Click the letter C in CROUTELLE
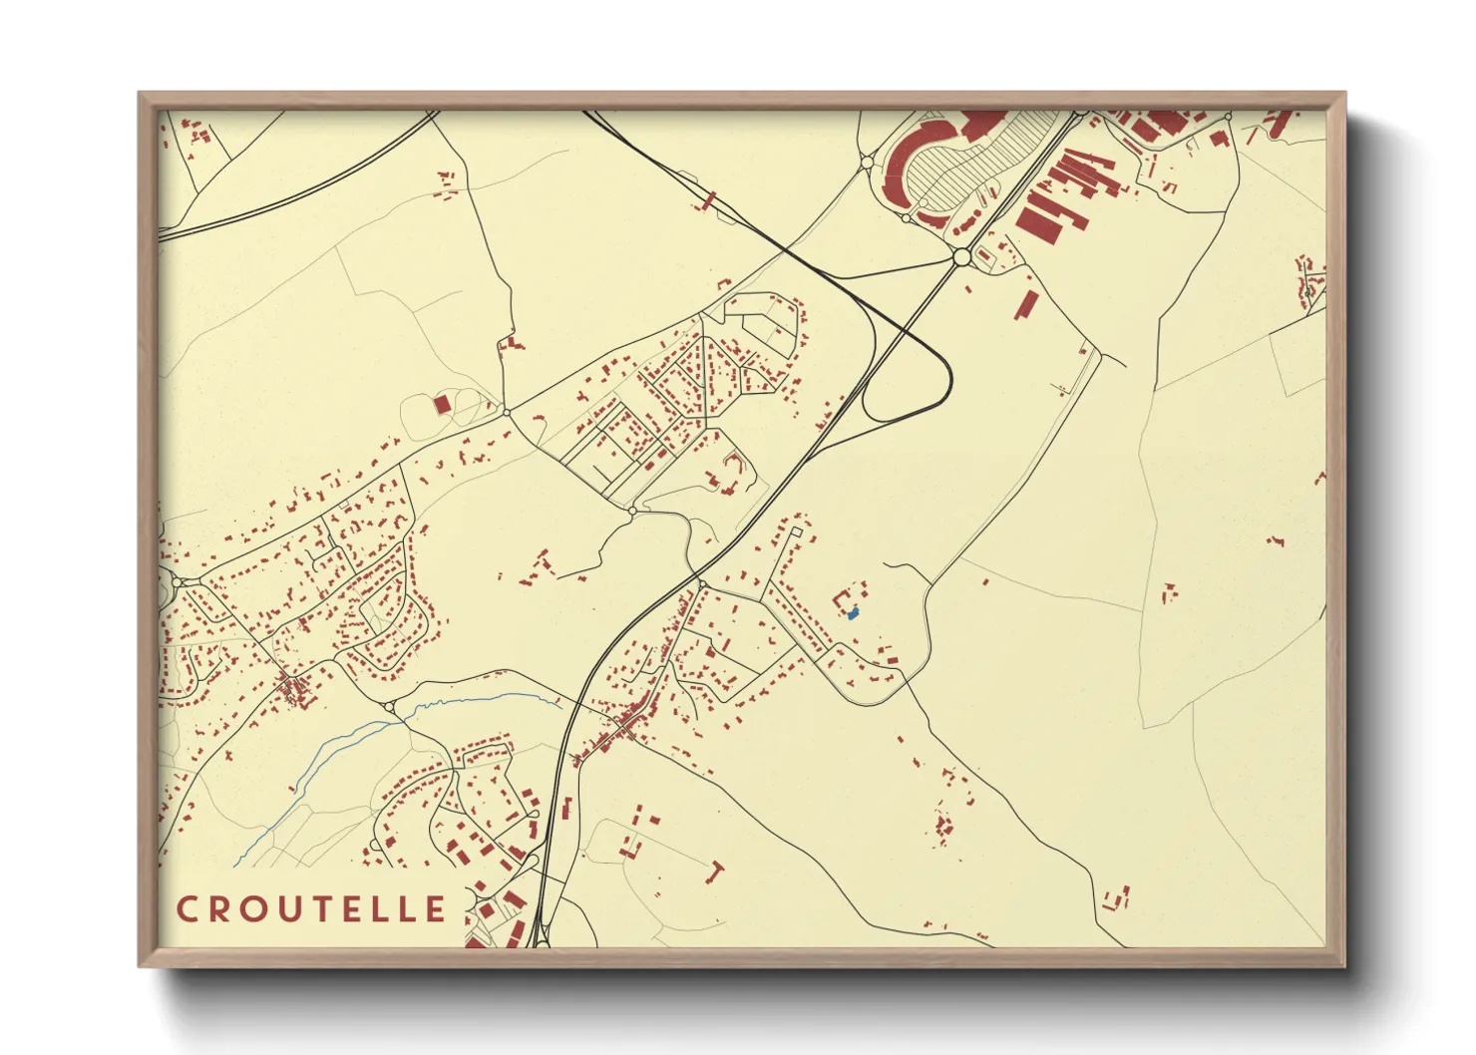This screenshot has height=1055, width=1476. pyautogui.click(x=186, y=909)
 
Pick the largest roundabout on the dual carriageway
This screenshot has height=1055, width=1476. pyautogui.click(x=961, y=257)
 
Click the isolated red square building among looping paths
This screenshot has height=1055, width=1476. pyautogui.click(x=442, y=404)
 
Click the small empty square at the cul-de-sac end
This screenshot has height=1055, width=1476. pyautogui.click(x=795, y=532)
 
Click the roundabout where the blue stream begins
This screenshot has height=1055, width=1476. pyautogui.click(x=390, y=707)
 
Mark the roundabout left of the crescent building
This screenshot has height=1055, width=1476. pyautogui.click(x=867, y=161)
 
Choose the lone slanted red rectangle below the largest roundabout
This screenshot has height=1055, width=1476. pyautogui.click(x=1026, y=305)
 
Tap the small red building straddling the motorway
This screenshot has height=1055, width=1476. pyautogui.click(x=708, y=201)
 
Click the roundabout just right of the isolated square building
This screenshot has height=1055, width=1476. pyautogui.click(x=507, y=411)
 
